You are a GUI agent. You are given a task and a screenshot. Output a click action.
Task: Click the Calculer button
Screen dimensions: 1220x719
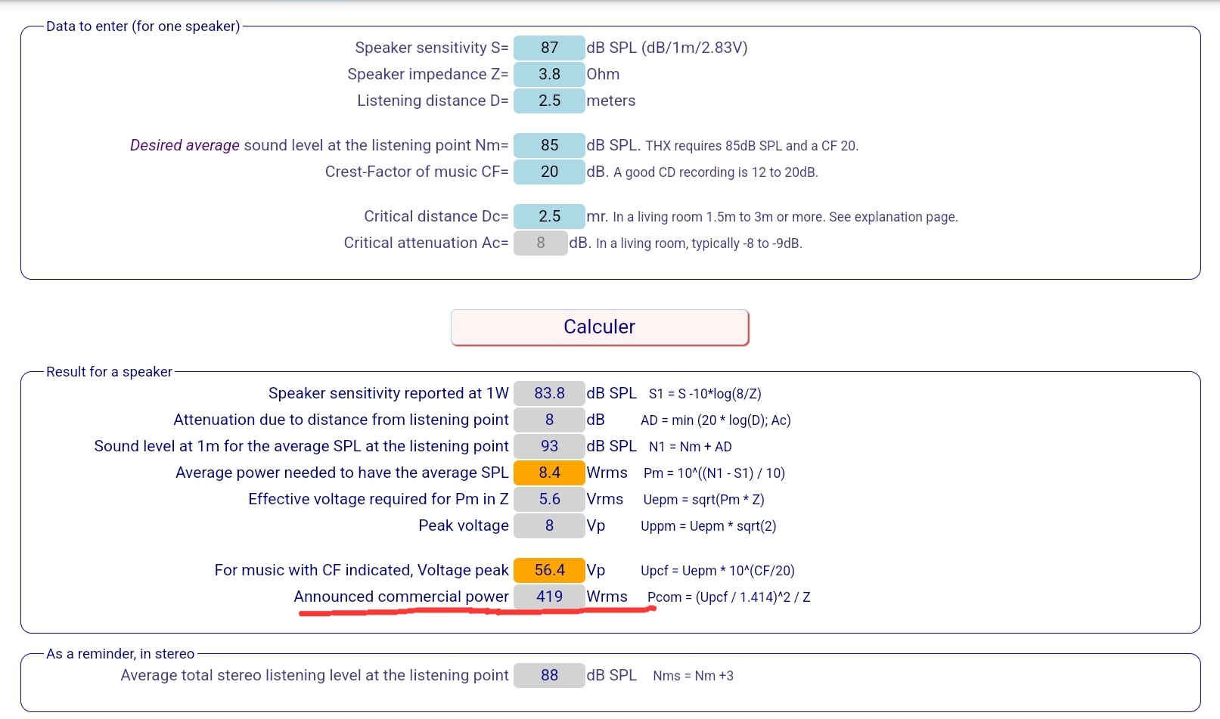[x=600, y=327]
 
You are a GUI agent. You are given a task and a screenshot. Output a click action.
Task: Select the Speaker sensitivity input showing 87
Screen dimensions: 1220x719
[x=549, y=48]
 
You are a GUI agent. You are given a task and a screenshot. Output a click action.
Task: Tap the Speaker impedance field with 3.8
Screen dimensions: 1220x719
[x=549, y=74]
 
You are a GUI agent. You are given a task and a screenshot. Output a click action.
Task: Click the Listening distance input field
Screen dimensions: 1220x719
[x=549, y=101]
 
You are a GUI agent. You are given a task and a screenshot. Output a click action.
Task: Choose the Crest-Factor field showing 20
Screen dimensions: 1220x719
[x=549, y=172]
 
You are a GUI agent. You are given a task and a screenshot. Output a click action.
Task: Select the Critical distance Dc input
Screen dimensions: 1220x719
[x=549, y=217]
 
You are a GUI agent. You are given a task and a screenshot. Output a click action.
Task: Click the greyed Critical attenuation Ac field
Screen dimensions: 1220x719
[x=540, y=243]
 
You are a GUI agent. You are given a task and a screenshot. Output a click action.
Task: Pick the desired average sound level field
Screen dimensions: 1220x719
[x=549, y=145]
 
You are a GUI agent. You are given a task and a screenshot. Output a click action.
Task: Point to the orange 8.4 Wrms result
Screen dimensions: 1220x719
[x=549, y=473]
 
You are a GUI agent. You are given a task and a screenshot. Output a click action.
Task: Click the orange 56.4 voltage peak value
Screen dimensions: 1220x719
[x=549, y=570]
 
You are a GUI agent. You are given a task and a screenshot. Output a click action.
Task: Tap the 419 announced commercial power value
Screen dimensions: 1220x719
[x=549, y=597]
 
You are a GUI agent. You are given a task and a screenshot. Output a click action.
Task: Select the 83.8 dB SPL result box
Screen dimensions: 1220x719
[x=549, y=393]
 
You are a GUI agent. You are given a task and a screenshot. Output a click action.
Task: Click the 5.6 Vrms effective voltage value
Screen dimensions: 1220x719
[x=549, y=499]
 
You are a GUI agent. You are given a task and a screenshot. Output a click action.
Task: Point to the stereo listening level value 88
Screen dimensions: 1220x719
[x=549, y=675]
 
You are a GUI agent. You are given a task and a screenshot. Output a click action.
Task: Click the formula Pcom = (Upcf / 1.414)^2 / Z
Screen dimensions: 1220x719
[x=728, y=597]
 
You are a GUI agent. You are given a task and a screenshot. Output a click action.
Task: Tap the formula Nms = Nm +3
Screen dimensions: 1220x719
[x=694, y=675]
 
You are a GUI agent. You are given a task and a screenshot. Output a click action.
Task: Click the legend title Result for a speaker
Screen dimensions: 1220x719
[x=109, y=372]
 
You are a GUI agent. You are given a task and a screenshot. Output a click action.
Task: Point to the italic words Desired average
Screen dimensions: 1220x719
[x=185, y=145]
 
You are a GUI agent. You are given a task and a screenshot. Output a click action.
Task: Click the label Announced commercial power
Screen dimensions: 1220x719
[x=401, y=597]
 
